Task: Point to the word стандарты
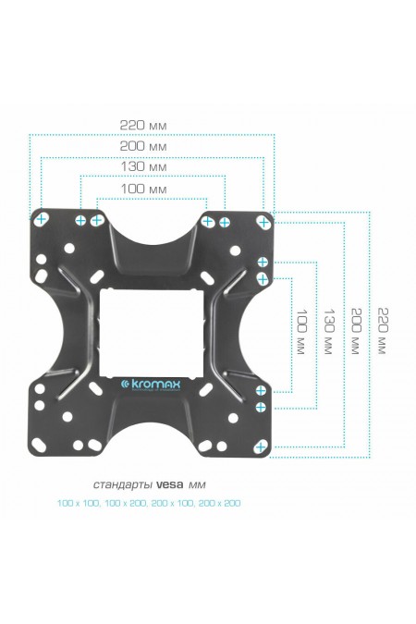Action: coord(123,483)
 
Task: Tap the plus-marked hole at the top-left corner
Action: coord(42,220)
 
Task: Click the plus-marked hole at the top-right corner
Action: coord(264,222)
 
